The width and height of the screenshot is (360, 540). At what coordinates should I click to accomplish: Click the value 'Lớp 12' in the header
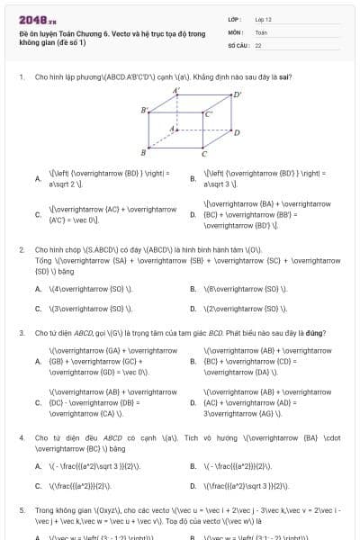point(264,18)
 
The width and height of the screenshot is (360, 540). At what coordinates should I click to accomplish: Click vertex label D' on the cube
point(238,94)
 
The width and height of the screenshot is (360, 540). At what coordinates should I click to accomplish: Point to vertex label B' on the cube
point(144,110)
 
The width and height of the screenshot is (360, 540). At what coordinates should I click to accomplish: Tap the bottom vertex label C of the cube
point(204,154)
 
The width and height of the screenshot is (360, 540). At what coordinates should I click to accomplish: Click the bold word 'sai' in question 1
point(235,77)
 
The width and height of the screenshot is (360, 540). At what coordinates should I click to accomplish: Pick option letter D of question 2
point(193,308)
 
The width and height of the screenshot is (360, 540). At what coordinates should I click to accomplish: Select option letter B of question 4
point(193,466)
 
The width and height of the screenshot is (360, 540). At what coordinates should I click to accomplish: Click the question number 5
point(22,508)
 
